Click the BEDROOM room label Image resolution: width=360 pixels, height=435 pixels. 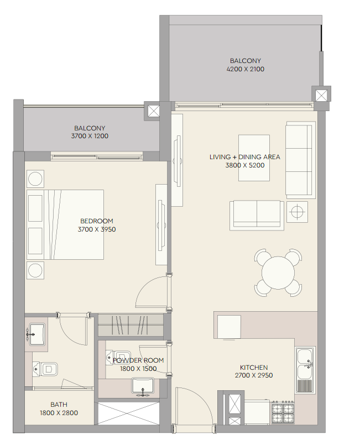97,221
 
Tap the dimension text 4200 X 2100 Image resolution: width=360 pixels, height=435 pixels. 246,69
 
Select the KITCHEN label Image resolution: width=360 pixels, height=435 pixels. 254,368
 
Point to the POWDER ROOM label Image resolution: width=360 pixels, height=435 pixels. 138,360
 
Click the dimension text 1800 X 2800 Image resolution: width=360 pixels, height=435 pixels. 59,413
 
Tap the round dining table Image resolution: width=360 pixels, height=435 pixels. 278,272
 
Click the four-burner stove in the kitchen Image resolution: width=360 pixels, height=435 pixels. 283,412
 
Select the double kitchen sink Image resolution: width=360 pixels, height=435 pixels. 305,370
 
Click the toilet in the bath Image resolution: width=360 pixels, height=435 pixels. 45,369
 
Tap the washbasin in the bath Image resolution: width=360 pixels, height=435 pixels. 36,334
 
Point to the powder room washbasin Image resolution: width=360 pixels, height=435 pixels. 143,386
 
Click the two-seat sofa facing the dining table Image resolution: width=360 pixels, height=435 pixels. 257,215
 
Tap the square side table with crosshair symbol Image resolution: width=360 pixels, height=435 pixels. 297,212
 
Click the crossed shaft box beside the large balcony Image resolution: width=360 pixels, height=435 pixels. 321,96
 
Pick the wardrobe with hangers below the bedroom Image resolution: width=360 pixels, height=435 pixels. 131,325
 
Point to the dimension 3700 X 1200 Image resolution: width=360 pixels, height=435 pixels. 90,136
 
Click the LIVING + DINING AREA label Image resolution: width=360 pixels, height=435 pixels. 245,157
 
